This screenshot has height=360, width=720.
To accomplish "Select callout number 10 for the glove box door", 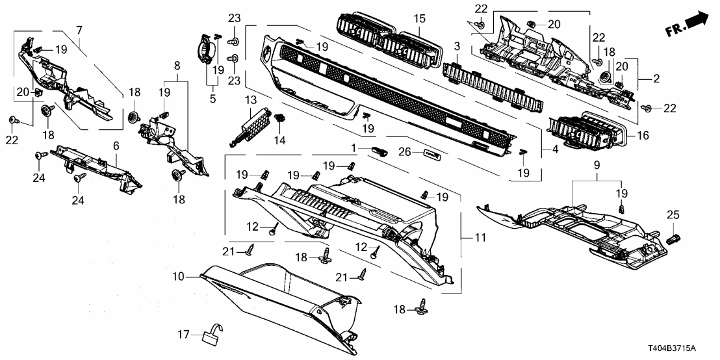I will [179, 277].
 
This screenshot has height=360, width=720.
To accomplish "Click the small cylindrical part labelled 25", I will [673, 237].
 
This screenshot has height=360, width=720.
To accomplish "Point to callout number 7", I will [79, 30].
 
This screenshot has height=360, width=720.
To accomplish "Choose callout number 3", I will [457, 47].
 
